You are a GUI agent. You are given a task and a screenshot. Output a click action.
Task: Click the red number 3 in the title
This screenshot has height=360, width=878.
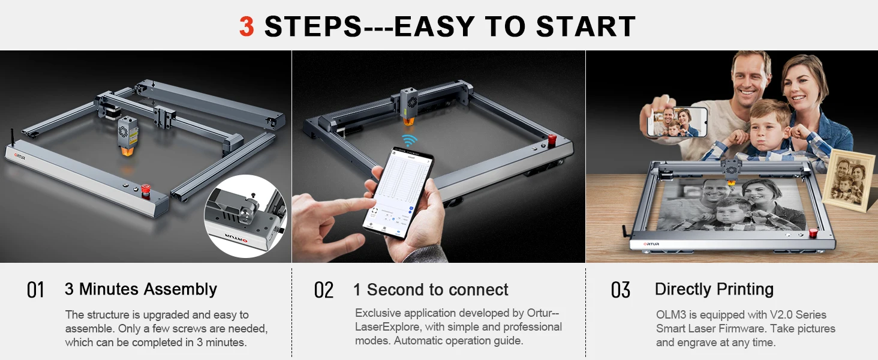[246, 26]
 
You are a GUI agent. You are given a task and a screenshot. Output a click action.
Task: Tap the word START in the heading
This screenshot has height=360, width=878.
[585, 26]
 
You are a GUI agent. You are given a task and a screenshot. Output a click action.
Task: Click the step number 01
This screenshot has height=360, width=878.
[35, 290]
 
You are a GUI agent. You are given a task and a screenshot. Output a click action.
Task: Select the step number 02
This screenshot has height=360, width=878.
[324, 290]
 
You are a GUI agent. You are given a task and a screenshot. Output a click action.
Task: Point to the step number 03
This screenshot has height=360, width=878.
[621, 290]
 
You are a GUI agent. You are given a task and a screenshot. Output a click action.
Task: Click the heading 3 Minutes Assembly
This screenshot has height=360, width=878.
[141, 289]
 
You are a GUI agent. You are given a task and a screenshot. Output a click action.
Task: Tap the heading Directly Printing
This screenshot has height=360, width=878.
[714, 289]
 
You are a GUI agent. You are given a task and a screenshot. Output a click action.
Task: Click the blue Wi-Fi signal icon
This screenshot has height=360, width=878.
[408, 140]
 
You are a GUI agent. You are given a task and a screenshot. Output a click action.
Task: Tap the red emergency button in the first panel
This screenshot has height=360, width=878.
[146, 190]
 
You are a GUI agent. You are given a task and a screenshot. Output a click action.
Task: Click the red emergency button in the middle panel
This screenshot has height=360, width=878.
[552, 139]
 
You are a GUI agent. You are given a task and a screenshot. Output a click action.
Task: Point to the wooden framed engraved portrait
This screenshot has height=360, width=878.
[849, 180]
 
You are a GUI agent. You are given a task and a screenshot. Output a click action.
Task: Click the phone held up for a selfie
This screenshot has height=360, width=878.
[677, 122]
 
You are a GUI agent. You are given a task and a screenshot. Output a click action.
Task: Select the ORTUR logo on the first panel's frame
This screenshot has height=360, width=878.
[20, 157]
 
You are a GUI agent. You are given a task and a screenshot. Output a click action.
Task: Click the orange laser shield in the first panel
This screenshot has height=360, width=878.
[128, 151]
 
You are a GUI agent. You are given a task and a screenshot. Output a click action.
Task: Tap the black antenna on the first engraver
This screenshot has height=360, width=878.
[12, 137]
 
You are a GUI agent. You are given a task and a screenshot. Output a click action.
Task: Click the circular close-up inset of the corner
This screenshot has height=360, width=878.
[246, 216]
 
